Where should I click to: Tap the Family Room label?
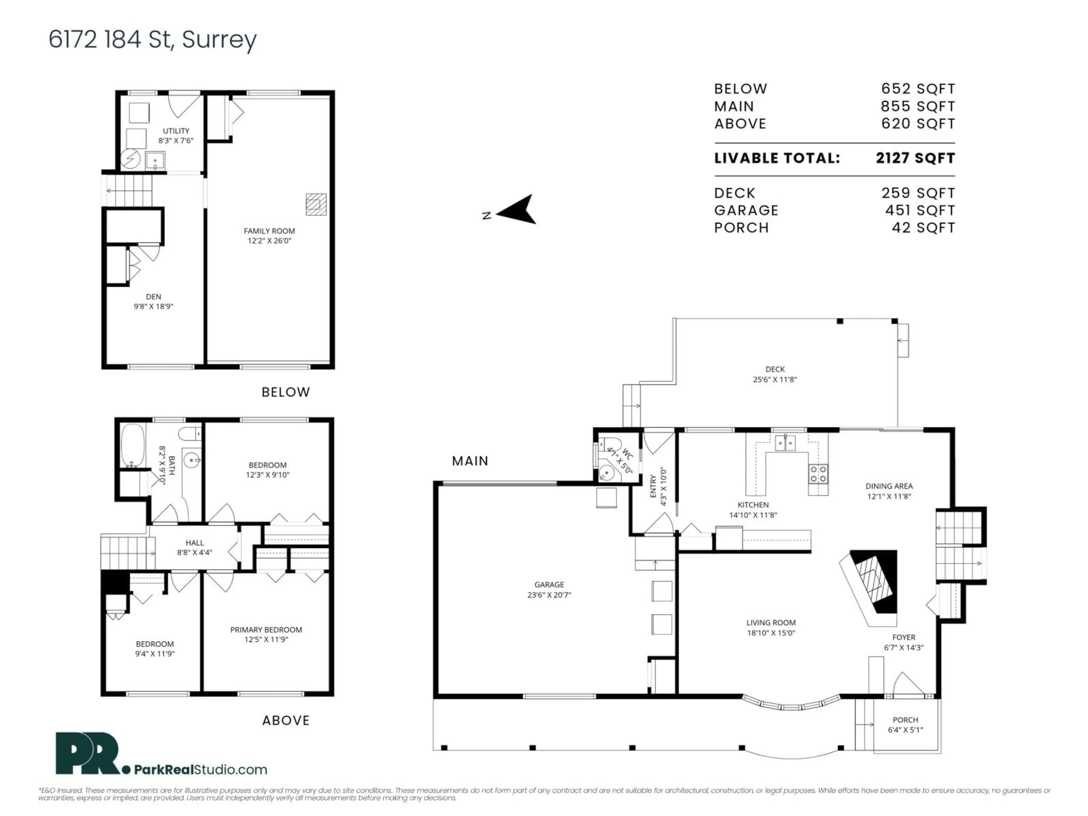[269, 231]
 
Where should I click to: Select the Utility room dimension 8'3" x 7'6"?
[176, 141]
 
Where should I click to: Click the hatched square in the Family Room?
[316, 204]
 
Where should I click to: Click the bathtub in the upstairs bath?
[133, 445]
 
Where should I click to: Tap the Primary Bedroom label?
[266, 630]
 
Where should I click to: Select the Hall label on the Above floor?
[195, 543]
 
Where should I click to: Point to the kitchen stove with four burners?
[818, 473]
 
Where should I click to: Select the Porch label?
[905, 720]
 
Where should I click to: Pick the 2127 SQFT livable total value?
[915, 158]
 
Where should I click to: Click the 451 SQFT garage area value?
[920, 211]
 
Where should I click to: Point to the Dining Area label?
[889, 486]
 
